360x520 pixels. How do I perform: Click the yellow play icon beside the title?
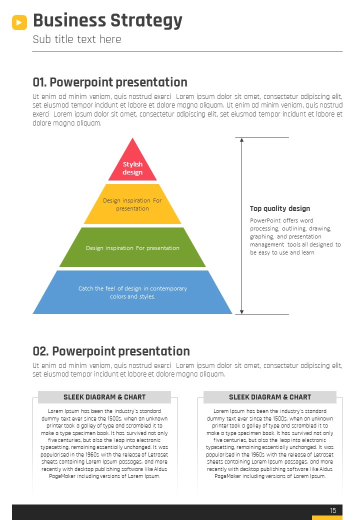click(19, 22)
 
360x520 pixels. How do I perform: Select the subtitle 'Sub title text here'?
click(77, 39)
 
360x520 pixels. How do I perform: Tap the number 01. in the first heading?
click(39, 82)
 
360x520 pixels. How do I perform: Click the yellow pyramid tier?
click(132, 204)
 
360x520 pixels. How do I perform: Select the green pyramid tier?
click(132, 247)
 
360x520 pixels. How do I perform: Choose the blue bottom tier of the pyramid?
click(132, 292)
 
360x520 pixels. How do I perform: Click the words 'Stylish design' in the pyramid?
click(132, 168)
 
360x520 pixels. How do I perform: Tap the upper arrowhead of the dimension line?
click(241, 140)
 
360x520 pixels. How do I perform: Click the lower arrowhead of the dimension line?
click(241, 311)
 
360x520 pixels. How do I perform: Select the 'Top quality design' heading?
click(280, 208)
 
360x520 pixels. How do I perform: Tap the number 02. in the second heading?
click(41, 351)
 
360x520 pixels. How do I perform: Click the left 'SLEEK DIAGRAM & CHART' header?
click(104, 397)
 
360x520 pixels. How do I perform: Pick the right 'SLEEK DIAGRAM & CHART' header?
click(270, 397)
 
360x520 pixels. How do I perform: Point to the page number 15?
click(333, 510)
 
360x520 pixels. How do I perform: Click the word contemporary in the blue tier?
click(168, 288)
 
